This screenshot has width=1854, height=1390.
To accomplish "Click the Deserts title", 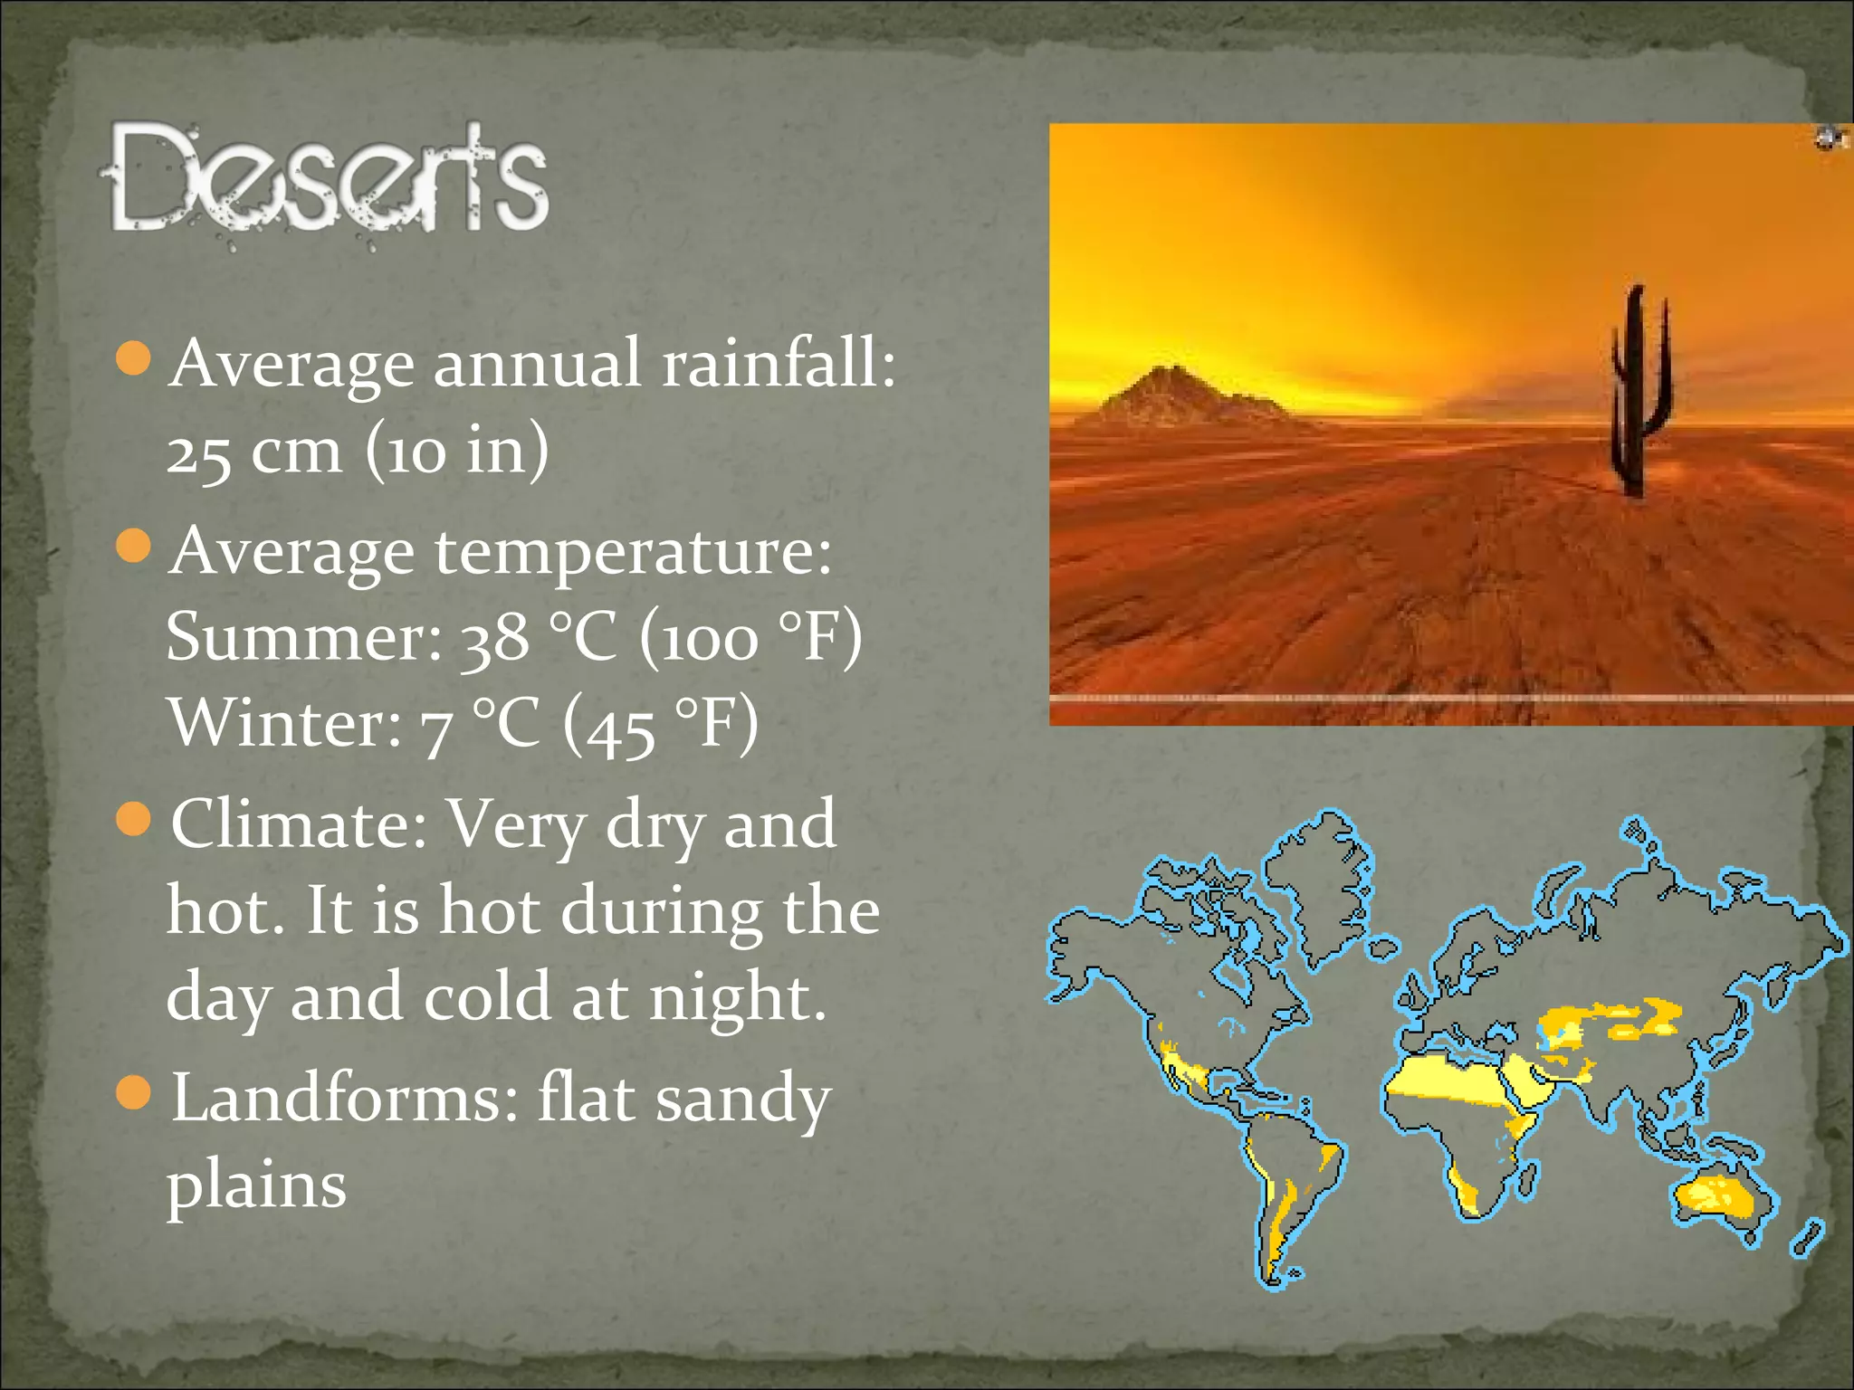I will (328, 178).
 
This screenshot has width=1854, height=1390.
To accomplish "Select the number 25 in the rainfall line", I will (198, 452).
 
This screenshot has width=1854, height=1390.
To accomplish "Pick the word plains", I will (256, 1185).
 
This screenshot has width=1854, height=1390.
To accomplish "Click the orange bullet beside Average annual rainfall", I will (134, 358).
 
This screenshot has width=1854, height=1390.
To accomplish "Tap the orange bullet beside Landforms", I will (134, 1093).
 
